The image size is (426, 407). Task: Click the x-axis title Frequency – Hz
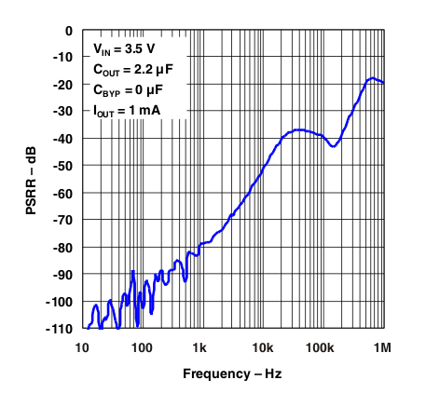click(232, 374)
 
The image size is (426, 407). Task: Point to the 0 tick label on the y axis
click(68, 31)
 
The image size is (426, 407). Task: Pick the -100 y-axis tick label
click(60, 302)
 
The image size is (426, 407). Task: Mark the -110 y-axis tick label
click(60, 329)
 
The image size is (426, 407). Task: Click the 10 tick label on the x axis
click(82, 346)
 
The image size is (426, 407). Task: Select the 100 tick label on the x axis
click(142, 346)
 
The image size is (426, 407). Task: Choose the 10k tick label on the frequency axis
click(262, 346)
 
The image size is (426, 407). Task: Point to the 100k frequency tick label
click(322, 346)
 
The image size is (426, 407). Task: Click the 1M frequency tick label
click(381, 346)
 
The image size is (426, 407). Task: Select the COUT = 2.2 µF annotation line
click(133, 70)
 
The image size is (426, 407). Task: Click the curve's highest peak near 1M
click(372, 78)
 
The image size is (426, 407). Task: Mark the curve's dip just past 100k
click(332, 146)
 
